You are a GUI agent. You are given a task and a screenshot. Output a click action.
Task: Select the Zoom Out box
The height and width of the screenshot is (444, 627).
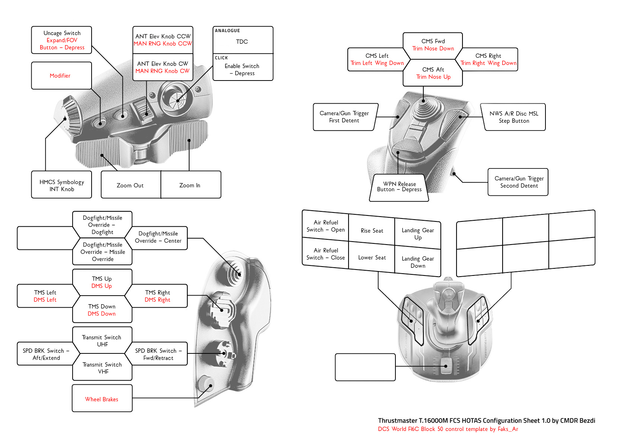pos(131,185)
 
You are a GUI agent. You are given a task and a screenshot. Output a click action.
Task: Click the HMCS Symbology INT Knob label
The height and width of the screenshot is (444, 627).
pos(62,185)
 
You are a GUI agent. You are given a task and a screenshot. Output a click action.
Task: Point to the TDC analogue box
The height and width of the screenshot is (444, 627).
pos(242,41)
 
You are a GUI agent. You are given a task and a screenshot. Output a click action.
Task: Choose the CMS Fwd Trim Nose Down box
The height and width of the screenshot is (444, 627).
pos(433,45)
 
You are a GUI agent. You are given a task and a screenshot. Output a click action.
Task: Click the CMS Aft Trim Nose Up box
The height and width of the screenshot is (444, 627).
pos(433,73)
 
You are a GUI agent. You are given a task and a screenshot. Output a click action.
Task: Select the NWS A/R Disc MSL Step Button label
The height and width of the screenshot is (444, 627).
pos(514,117)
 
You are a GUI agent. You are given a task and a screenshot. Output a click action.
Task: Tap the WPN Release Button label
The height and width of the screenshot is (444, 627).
pos(399,187)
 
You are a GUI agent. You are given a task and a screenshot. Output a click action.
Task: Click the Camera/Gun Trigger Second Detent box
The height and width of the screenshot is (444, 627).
pos(519,182)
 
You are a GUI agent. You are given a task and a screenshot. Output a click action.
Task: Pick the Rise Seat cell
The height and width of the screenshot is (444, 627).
pos(372,231)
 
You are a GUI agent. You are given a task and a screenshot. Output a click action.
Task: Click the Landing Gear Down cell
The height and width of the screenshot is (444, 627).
pos(418,262)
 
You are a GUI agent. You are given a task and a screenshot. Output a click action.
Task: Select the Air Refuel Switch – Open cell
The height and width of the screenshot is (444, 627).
pos(325,226)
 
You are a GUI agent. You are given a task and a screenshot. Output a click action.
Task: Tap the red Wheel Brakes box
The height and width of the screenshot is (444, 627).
pos(102,399)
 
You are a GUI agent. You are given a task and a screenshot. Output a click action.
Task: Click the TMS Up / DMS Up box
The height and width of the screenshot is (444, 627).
pos(102,282)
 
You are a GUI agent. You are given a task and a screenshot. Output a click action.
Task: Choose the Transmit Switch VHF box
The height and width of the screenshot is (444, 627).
pos(102,368)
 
